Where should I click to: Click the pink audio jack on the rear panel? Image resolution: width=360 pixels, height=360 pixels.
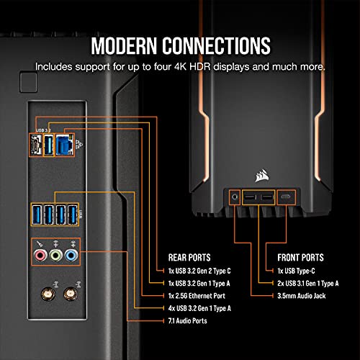(40, 255)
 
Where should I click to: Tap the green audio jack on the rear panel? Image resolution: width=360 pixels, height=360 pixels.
(56, 255)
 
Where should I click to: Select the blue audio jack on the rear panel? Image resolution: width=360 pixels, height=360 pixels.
(71, 255)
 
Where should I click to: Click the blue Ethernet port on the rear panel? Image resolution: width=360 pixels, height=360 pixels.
(64, 145)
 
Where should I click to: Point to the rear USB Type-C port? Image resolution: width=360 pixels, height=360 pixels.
(35, 145)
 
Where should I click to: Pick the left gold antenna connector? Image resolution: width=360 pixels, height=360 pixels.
(48, 294)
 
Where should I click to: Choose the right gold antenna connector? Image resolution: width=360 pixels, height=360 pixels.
(70, 294)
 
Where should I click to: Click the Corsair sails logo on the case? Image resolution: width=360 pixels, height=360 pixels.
(262, 176)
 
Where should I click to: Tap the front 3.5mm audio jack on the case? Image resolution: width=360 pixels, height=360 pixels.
(235, 197)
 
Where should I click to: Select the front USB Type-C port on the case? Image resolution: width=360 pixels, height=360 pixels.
(286, 197)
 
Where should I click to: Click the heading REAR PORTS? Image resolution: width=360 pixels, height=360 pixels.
(189, 258)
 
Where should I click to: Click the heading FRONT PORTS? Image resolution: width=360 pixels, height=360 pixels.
(300, 258)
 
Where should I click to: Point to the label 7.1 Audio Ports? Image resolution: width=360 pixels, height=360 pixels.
(188, 321)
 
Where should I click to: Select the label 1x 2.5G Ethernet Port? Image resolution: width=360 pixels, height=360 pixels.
(197, 296)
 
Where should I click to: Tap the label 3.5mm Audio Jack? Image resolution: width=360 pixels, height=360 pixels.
(302, 296)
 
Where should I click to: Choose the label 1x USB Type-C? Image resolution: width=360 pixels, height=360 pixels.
(296, 271)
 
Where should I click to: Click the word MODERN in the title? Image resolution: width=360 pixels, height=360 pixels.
(124, 45)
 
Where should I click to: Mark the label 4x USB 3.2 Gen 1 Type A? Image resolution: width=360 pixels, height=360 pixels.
(199, 308)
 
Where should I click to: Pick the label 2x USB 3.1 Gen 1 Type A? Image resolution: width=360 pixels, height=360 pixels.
(308, 284)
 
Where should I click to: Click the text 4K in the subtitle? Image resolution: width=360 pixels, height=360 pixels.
(180, 67)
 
